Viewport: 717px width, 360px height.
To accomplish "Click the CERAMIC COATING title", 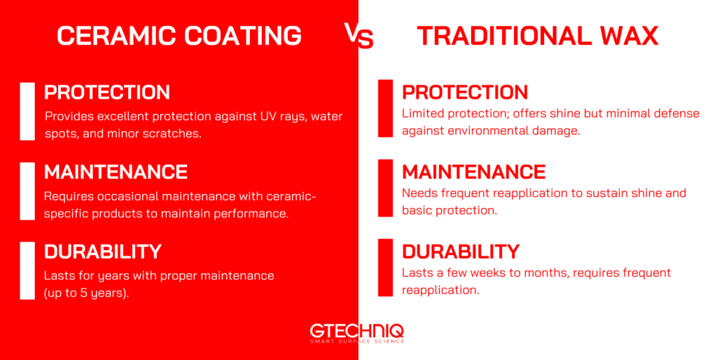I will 179,36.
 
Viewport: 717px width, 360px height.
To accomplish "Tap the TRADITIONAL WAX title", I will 538,36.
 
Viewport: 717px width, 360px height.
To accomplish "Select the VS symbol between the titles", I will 358,36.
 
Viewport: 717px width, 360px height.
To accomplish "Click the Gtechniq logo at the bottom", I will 357,331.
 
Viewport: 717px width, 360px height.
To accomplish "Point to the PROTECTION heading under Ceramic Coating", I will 107,92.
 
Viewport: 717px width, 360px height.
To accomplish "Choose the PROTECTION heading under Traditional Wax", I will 465,92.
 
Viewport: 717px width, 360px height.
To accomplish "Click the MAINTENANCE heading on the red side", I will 116,172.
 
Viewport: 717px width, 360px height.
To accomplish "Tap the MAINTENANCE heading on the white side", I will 473,172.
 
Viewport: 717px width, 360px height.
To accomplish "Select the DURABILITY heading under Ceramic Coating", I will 103,251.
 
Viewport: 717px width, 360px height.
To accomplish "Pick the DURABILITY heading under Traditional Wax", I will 461,251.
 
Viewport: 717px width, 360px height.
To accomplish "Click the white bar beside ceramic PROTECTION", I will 27,111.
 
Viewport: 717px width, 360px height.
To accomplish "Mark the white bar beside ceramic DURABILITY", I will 27,270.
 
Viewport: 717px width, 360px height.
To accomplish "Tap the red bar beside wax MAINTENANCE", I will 385,188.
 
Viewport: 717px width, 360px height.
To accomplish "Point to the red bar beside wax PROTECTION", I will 385,108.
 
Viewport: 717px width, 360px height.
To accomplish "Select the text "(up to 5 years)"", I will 86,293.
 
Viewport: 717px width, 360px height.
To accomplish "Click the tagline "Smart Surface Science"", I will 357,341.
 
